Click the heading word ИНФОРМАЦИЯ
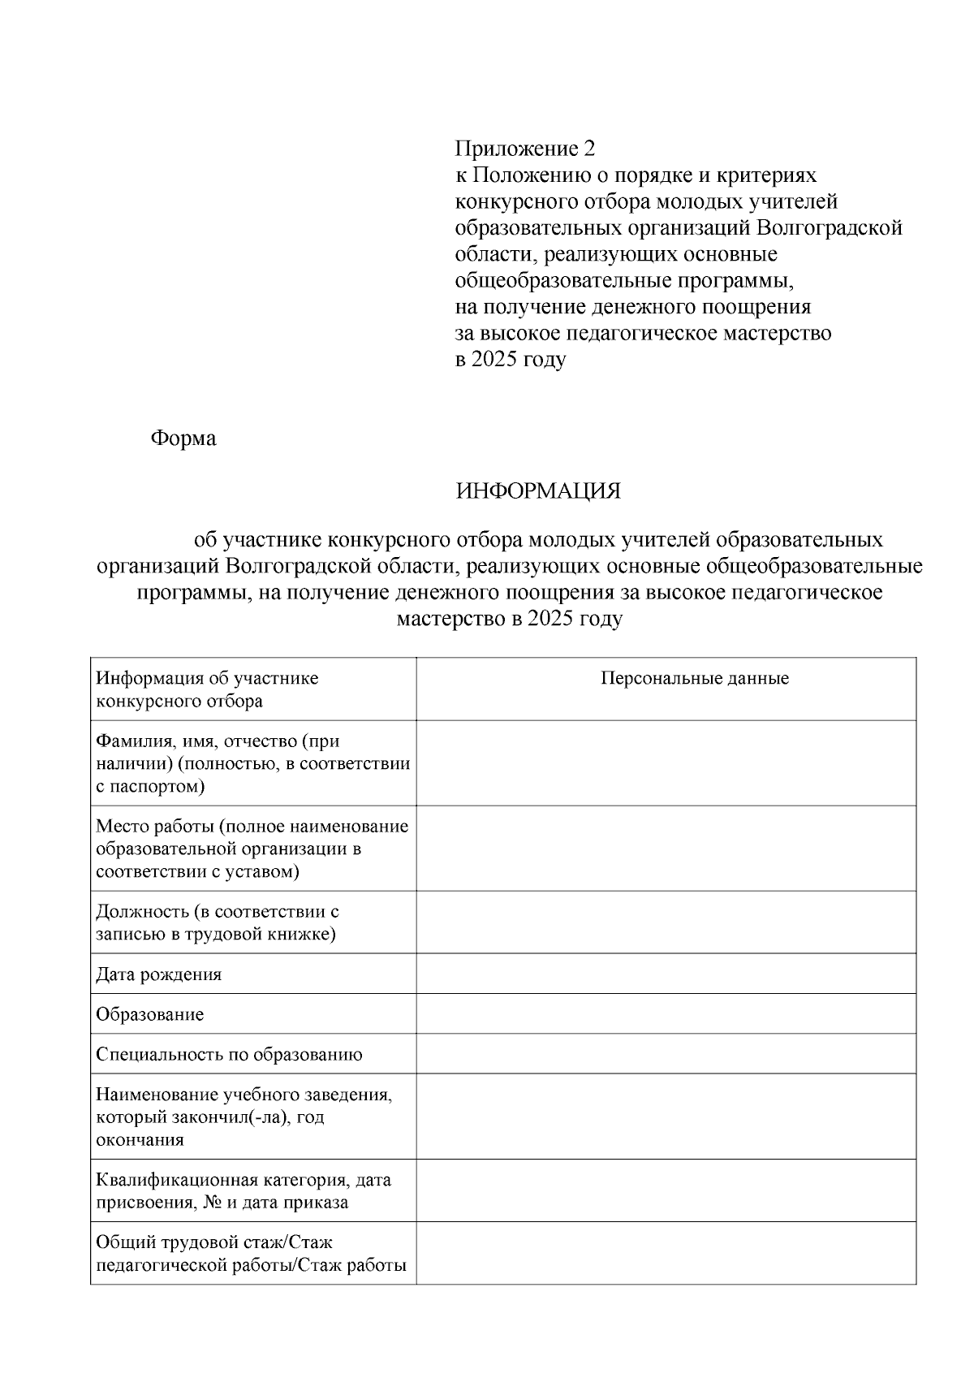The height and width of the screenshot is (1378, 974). pyautogui.click(x=538, y=492)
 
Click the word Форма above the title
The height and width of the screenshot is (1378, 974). pyautogui.click(x=183, y=438)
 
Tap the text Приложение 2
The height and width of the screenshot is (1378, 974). pyautogui.click(x=524, y=149)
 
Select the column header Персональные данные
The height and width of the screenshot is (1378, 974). pyautogui.click(x=695, y=679)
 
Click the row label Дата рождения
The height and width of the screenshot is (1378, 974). pyautogui.click(x=159, y=974)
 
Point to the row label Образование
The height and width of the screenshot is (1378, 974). pyautogui.click(x=150, y=1015)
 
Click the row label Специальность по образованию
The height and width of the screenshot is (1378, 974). pyautogui.click(x=229, y=1055)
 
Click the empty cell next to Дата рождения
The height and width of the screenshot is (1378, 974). pyautogui.click(x=666, y=974)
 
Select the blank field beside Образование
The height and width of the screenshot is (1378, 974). pyautogui.click(x=666, y=1014)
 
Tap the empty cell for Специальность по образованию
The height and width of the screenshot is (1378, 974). pyautogui.click(x=666, y=1054)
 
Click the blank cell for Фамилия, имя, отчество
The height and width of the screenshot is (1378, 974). pyautogui.click(x=666, y=763)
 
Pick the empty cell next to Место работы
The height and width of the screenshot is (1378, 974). pyautogui.click(x=666, y=849)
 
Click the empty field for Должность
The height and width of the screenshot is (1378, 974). pyautogui.click(x=666, y=922)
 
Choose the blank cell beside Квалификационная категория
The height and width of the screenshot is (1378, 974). pyautogui.click(x=666, y=1190)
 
